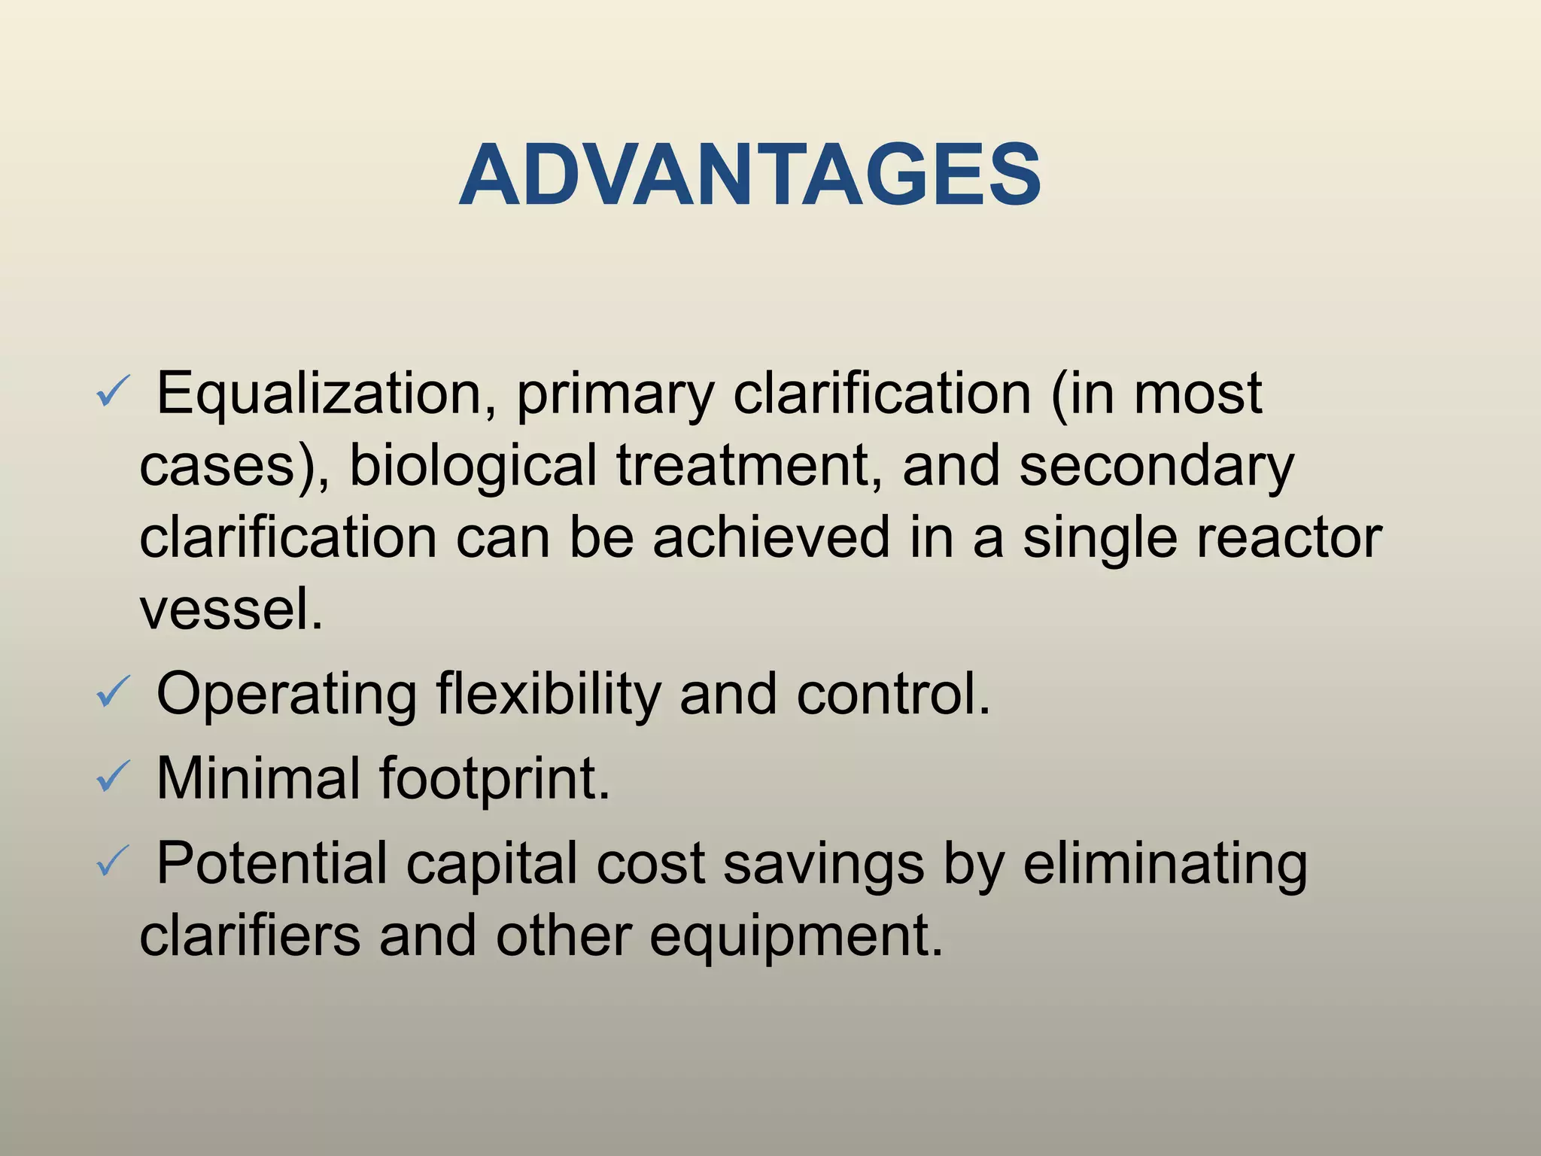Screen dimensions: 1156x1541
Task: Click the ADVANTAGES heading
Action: (750, 175)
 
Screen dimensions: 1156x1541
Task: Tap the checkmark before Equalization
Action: (114, 392)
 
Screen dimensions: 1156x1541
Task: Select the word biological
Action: (473, 467)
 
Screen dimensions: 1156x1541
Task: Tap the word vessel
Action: (230, 609)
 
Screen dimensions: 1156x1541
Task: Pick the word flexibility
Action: (548, 694)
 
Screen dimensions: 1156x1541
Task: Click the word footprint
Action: (494, 778)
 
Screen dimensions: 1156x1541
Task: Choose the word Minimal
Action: (258, 778)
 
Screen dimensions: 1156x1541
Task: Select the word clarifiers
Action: (250, 935)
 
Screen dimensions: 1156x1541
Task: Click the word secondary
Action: (1157, 467)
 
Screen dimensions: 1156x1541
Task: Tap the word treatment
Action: (749, 465)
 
